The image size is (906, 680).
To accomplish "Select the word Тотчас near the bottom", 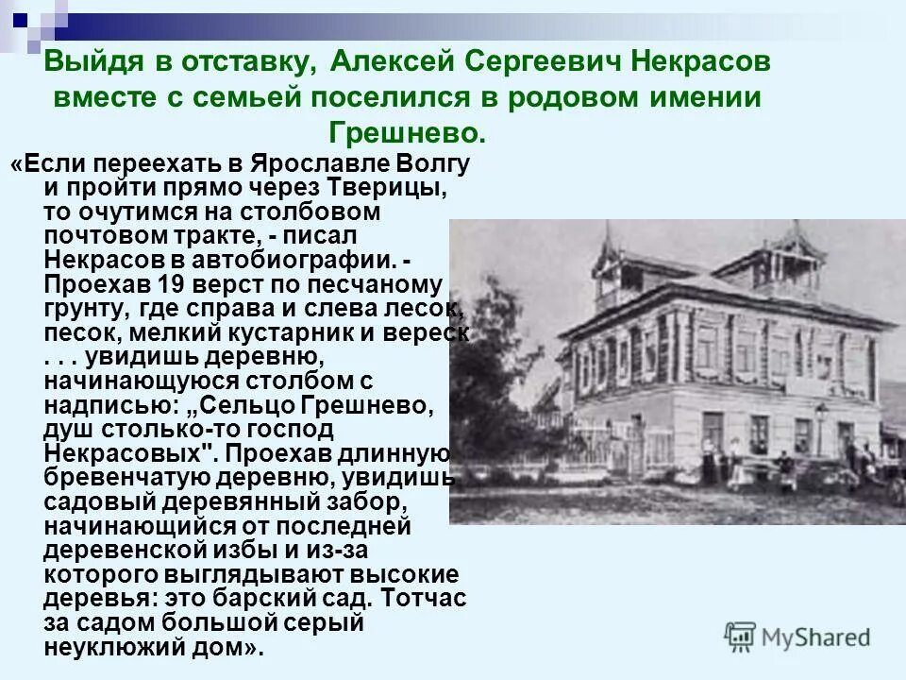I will click(425, 599).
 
